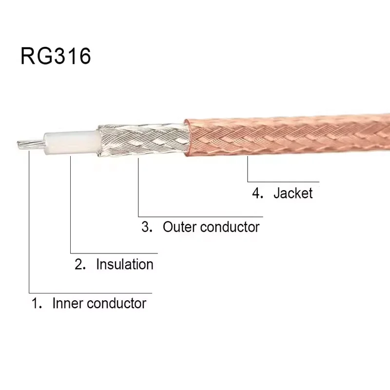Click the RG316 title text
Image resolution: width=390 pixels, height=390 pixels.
[x=56, y=56]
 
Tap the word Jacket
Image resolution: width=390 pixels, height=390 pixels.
[x=292, y=193]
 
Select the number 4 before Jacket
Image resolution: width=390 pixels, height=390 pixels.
[x=256, y=193]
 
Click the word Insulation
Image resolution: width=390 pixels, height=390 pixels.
[x=125, y=264]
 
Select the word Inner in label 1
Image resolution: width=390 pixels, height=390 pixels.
[x=67, y=303]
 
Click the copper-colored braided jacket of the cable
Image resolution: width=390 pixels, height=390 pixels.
[x=288, y=134]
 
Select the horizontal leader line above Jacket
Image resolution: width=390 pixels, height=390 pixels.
[x=283, y=182]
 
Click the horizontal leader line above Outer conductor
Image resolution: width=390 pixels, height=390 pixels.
[x=200, y=216]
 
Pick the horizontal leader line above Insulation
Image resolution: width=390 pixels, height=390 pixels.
[x=115, y=253]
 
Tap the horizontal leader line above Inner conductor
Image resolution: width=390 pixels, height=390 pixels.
[x=90, y=293]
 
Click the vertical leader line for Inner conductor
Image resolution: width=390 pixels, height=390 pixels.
[x=29, y=219]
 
